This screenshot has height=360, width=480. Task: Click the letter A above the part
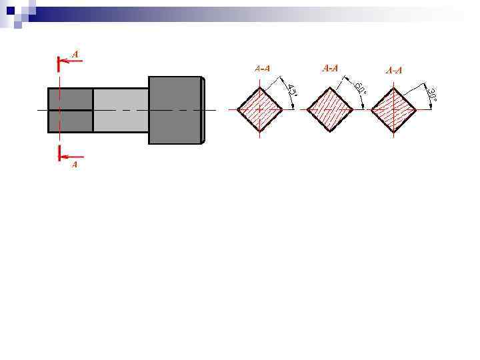[x=75, y=53]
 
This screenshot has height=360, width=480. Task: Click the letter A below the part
[x=75, y=164]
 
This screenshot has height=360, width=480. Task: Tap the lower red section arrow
[x=70, y=157]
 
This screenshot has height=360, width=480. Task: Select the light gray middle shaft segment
[x=121, y=110]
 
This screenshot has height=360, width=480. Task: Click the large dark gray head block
[x=175, y=110]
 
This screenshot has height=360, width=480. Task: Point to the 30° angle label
[x=431, y=95]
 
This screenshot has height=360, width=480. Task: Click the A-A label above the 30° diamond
[x=394, y=70]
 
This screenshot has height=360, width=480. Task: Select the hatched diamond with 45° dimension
[x=260, y=109]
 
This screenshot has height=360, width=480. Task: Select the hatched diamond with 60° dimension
[x=329, y=109]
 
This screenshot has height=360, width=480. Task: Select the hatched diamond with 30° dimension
[x=393, y=109]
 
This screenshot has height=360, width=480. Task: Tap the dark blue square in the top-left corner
[x=9, y=9]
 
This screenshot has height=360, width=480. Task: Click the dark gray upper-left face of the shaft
[x=70, y=99]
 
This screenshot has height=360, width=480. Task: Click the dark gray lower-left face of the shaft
[x=70, y=121]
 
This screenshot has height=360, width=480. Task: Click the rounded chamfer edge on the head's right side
[x=203, y=110]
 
